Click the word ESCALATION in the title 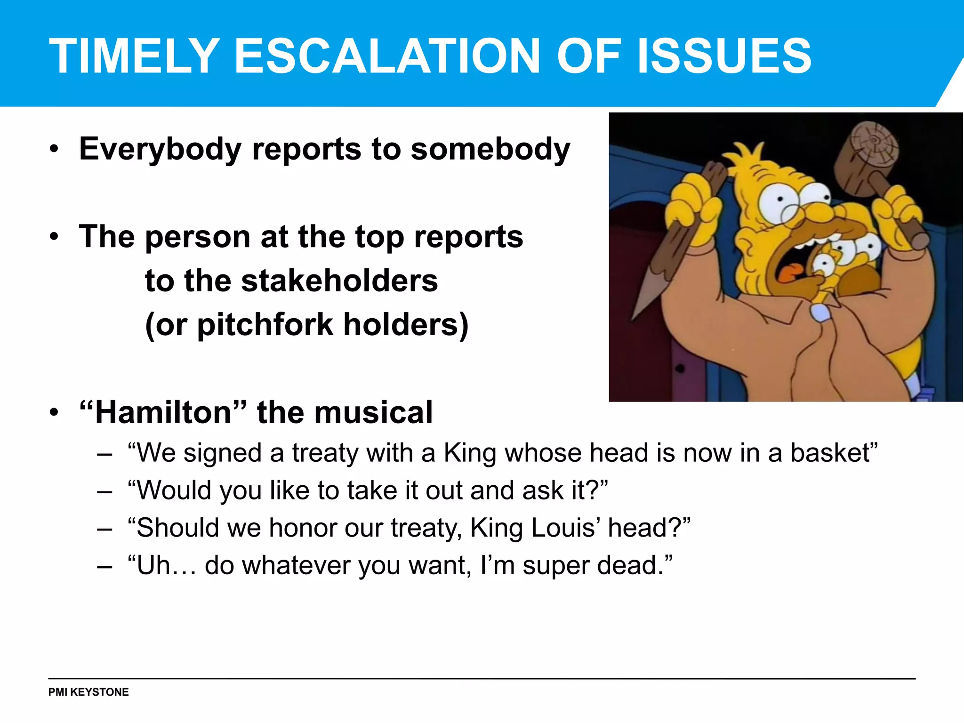[x=386, y=56]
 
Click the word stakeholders [x=339, y=281]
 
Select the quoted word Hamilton [x=163, y=412]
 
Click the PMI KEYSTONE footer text [x=88, y=692]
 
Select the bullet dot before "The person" [x=55, y=237]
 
